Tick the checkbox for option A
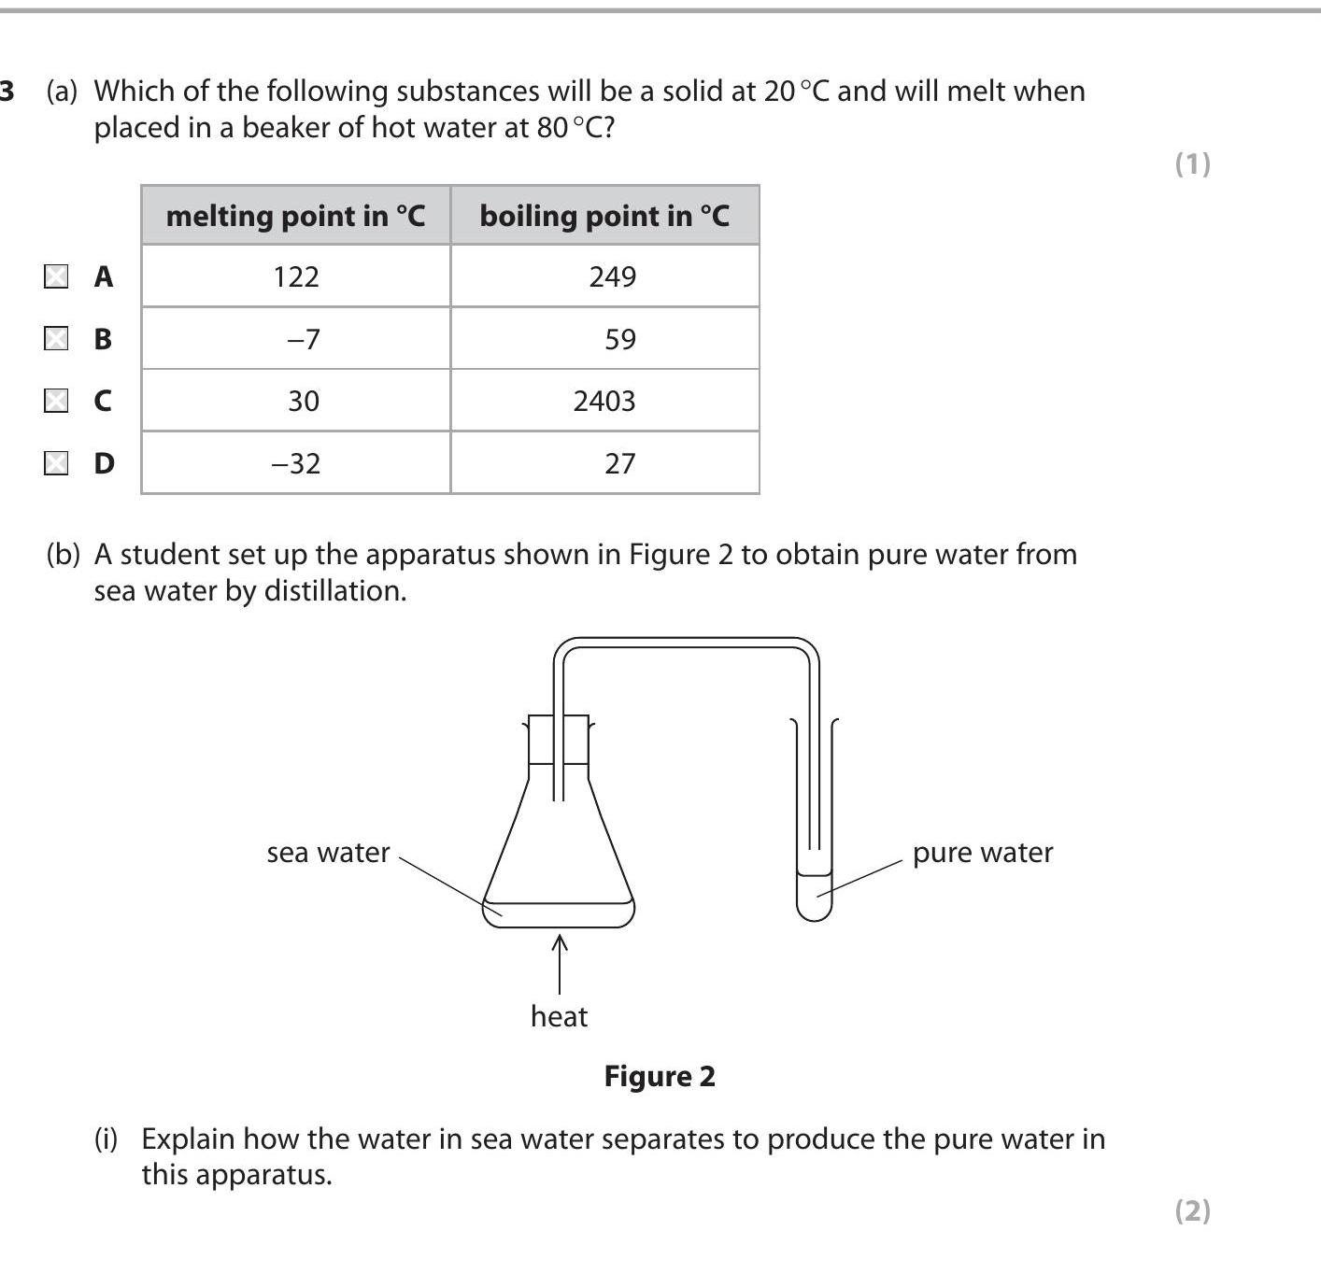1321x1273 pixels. tap(56, 276)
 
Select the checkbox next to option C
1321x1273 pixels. tap(56, 401)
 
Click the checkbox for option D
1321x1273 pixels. tap(56, 463)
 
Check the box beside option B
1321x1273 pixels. tap(56, 338)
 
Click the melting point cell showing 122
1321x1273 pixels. tap(296, 276)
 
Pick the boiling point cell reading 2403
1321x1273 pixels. tap(604, 401)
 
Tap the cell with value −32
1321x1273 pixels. tap(296, 463)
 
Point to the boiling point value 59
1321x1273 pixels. tap(619, 338)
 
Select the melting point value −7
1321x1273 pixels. tap(303, 338)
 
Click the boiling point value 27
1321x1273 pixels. tap(619, 463)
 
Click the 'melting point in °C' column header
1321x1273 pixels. tap(295, 216)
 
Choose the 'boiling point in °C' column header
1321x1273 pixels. tap(604, 216)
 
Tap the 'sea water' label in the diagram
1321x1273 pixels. tap(328, 853)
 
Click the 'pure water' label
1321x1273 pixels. tap(982, 853)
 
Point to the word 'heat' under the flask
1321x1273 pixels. tap(559, 1016)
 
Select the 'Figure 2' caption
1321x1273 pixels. tap(660, 1076)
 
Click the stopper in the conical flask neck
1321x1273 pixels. tap(559, 740)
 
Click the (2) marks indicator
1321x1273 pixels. tap(1192, 1210)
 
